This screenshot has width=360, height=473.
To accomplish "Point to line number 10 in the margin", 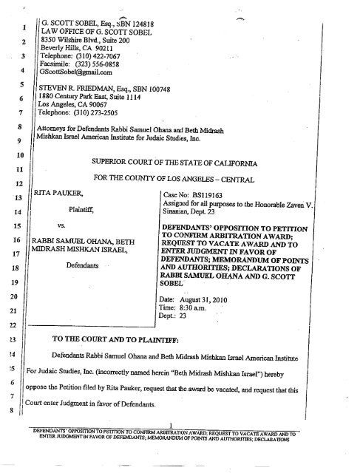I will (21, 157).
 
